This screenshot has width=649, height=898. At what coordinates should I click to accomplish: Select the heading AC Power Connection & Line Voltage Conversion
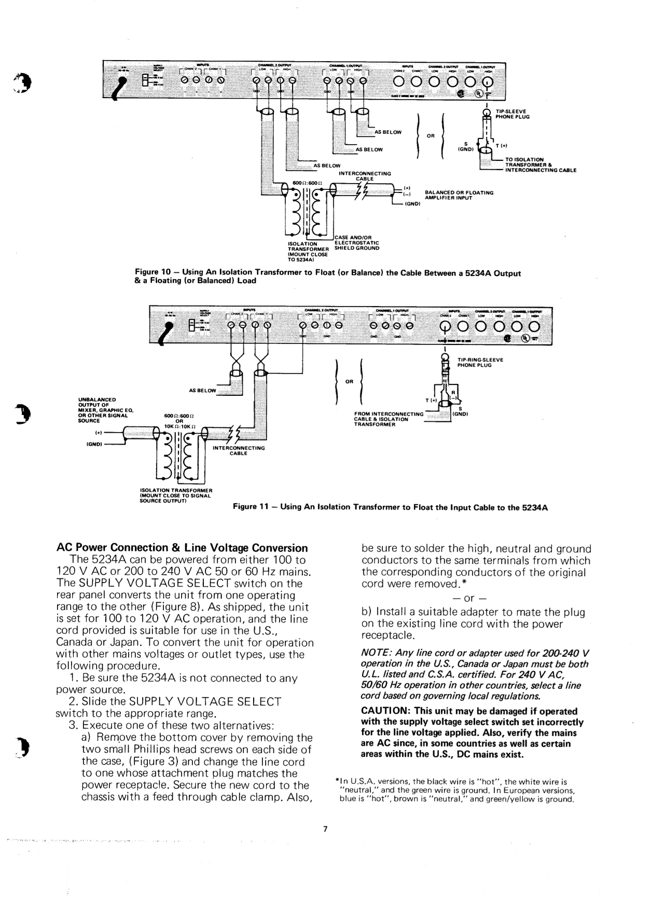182,548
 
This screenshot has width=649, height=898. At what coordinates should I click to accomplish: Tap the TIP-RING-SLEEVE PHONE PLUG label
480,362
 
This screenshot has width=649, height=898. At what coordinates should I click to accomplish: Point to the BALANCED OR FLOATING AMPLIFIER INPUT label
459,195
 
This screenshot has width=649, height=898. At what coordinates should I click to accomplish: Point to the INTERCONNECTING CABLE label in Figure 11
238,450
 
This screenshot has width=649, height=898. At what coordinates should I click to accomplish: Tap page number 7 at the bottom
325,828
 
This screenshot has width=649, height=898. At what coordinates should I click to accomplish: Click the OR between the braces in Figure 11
349,381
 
